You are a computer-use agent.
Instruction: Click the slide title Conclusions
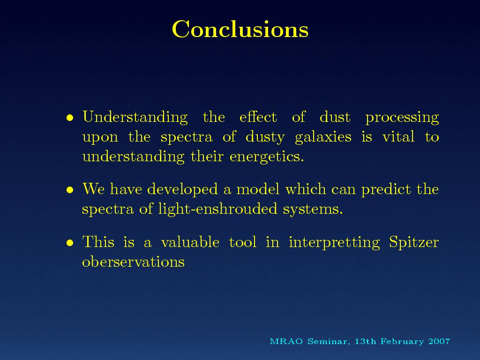tap(240, 29)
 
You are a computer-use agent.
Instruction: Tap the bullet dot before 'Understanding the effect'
tap(70, 118)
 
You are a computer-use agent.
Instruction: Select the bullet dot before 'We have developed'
tap(70, 190)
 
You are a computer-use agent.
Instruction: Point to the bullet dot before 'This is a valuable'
tap(70, 243)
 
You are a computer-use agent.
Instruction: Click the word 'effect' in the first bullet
tap(258, 117)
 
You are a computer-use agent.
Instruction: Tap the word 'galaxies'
tap(323, 137)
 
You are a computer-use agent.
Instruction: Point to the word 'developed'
tap(182, 189)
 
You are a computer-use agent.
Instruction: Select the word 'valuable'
tap(190, 242)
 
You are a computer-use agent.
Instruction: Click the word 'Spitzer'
tap(414, 243)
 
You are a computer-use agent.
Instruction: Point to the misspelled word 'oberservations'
tap(133, 262)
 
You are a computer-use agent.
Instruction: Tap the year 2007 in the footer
tap(439, 341)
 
